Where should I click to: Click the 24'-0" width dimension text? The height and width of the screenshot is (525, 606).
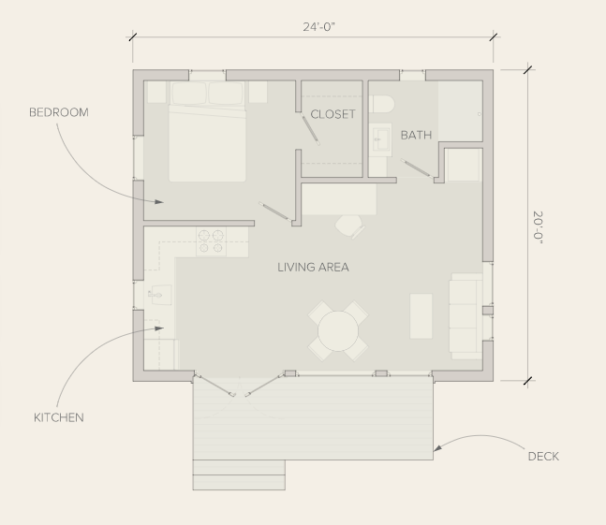coord(318,27)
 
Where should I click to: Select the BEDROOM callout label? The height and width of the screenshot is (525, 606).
coord(59,112)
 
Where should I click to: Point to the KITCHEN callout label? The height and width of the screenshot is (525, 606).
coord(59,417)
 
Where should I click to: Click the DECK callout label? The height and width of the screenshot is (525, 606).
coord(543,457)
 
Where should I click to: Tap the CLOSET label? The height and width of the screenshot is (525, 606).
coord(333,114)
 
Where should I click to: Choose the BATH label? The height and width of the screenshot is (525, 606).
coord(416,135)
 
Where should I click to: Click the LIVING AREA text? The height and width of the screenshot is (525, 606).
coord(313,267)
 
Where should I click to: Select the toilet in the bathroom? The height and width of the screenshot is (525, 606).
coord(381,104)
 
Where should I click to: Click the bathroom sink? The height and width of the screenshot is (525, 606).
coord(380,139)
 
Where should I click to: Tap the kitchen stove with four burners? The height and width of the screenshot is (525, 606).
coord(211,241)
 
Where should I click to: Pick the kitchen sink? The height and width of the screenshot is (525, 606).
coord(160,296)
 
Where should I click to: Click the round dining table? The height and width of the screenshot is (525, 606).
coord(338,331)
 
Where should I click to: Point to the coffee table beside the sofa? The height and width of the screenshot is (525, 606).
coord(421,316)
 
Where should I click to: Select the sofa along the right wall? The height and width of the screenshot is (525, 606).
coord(466,316)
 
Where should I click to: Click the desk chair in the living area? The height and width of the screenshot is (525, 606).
coord(350,226)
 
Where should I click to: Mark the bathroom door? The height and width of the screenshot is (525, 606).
coord(417,168)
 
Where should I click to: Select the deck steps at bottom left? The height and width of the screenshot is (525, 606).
coord(239,474)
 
